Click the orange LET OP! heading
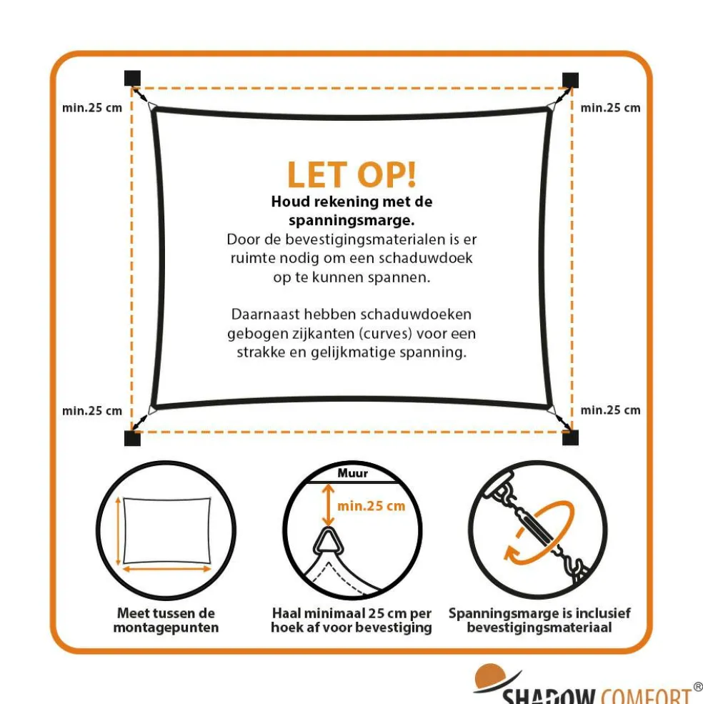(351, 175)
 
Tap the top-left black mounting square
(132, 79)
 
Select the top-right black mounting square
(570, 79)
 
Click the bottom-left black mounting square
(132, 437)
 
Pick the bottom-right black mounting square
(570, 437)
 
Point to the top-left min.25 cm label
(91, 108)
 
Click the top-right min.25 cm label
(610, 108)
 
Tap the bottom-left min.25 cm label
(91, 410)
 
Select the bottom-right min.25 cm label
(610, 410)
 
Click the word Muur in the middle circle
(352, 473)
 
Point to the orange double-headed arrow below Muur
(326, 505)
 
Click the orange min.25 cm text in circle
(371, 506)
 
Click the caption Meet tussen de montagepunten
(166, 620)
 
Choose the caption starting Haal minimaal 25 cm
(351, 620)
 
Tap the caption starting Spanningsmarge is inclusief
(539, 620)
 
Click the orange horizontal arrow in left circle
(166, 569)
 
